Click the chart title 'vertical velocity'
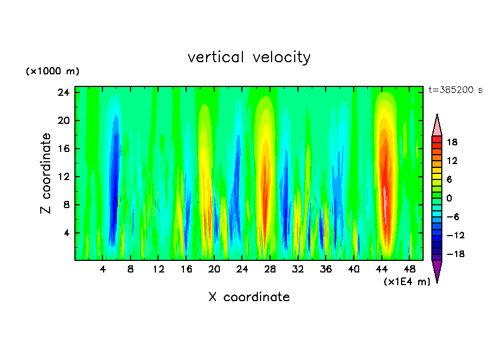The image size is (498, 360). pos(249,57)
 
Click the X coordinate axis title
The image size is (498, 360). pos(249,297)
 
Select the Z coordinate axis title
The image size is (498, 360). pos(46,173)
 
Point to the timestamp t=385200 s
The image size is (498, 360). pos(455,90)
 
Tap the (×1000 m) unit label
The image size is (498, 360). pos(52,72)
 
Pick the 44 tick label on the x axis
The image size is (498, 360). pos(382,269)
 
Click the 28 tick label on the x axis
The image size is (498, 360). pos(270,269)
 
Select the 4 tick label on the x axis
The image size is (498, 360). pos(102,269)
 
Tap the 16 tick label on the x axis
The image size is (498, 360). pos(186,269)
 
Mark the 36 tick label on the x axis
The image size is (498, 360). pos(326,269)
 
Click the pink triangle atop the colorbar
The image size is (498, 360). pos(437,126)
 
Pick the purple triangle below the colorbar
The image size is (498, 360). pos(437,271)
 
